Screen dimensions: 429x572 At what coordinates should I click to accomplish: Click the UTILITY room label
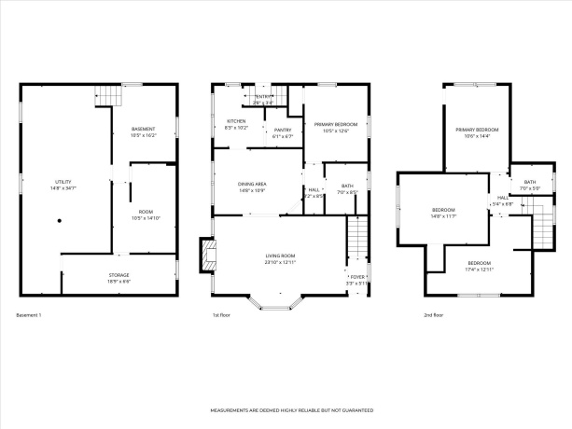coord(63,184)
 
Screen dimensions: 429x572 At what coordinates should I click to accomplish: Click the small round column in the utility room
coord(59,221)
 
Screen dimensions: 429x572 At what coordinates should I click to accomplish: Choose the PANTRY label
coord(283,132)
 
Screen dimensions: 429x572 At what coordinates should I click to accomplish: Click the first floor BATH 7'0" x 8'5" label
coord(347,188)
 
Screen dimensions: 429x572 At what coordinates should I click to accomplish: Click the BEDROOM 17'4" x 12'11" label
coord(479,265)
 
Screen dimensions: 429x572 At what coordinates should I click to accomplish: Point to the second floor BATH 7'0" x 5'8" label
coord(529,185)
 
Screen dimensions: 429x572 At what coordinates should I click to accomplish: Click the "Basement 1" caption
coord(29,315)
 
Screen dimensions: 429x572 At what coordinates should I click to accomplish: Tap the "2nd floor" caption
coord(434,315)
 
